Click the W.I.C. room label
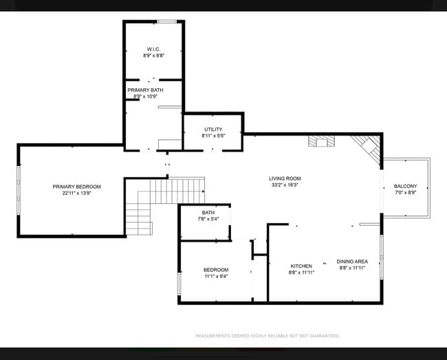[153, 49]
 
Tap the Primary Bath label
[145, 90]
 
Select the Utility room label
[213, 129]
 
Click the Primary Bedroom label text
[76, 187]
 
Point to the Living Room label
[285, 178]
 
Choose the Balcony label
[405, 187]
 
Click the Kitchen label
[301, 266]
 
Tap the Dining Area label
[351, 262]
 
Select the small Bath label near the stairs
[208, 213]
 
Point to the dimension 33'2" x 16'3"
[285, 185]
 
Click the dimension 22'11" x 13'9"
[76, 193]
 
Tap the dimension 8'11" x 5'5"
[213, 136]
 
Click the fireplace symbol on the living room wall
[321, 141]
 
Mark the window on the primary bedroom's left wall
[19, 190]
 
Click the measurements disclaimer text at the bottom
[267, 336]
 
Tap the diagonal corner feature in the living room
[366, 147]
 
